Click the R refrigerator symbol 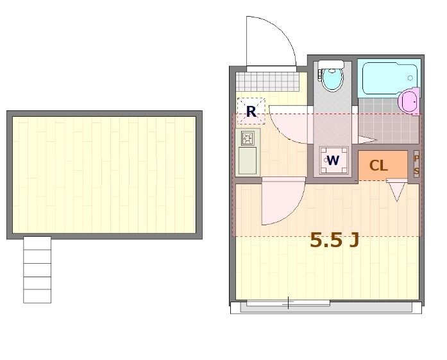tap(251, 112)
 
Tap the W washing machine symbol tap(333, 160)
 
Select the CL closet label tap(378, 166)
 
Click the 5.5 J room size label tap(333, 240)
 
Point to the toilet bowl tap(332, 80)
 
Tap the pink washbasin tap(409, 101)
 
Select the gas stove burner tap(248, 138)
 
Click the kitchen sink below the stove tap(247, 161)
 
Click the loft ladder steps tap(37, 269)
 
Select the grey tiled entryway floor tap(267, 81)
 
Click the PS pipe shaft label tap(416, 166)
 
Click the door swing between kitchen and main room tap(282, 202)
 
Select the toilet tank tap(332, 64)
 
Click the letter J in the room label tap(353, 240)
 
